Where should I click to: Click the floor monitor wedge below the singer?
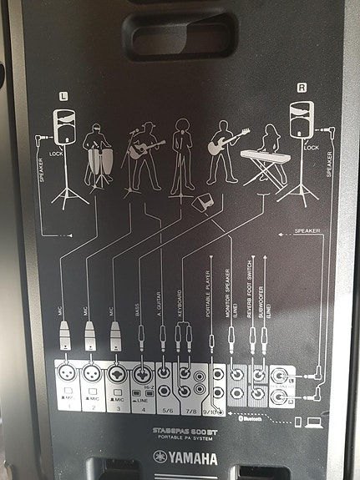(201, 204)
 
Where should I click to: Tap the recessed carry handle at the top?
(180, 33)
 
